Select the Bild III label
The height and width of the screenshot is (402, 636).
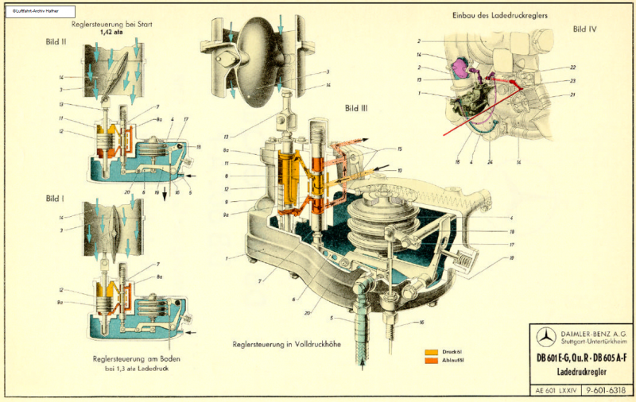(358, 107)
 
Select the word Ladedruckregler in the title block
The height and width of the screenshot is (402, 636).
(583, 372)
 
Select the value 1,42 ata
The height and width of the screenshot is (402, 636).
(111, 33)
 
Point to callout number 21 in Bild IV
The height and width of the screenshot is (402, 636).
(572, 95)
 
